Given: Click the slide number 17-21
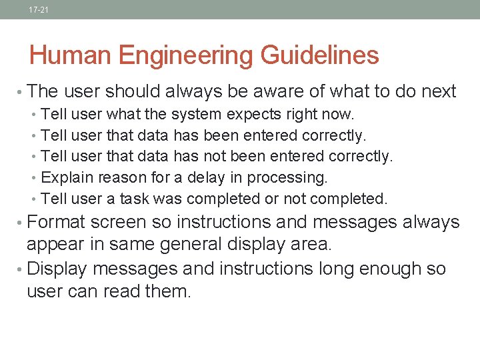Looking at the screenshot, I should [x=39, y=10].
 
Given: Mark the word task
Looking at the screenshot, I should [x=136, y=199].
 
